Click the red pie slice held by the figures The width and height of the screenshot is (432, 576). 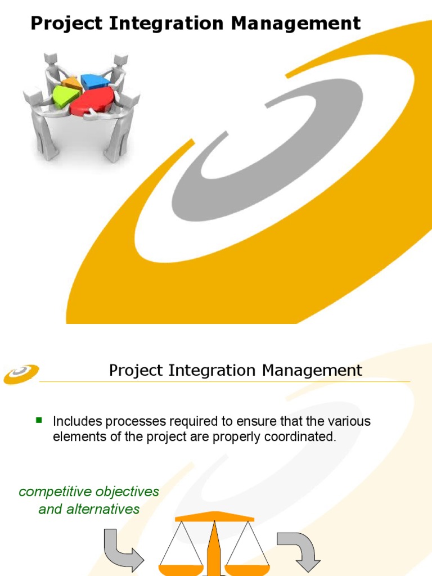92,101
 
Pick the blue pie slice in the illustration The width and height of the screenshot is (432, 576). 95,81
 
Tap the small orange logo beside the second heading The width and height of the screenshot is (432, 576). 21,374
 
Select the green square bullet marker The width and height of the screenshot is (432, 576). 39,420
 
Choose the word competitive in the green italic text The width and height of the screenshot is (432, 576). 55,492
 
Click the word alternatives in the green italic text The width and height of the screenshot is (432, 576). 104,509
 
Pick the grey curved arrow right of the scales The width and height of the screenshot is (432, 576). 298,554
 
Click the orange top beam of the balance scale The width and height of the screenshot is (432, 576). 214,516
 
